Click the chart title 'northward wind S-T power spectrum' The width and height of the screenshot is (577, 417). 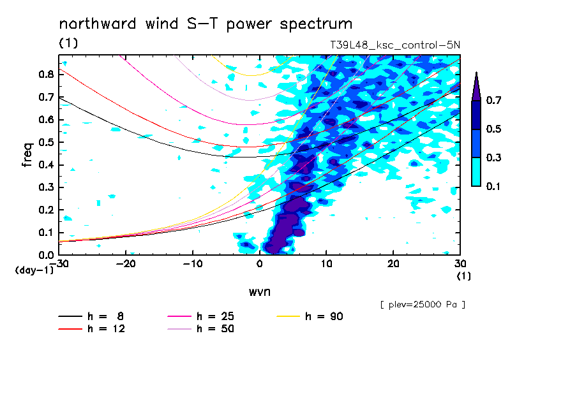pyautogui.click(x=206, y=24)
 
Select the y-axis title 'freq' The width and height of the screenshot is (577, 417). pyautogui.click(x=27, y=155)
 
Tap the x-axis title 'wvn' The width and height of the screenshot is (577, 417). pyautogui.click(x=260, y=292)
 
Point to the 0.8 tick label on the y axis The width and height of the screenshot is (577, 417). pyautogui.click(x=47, y=74)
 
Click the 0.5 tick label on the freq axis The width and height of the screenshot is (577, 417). pyautogui.click(x=47, y=142)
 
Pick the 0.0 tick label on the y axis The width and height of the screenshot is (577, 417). pyautogui.click(x=47, y=255)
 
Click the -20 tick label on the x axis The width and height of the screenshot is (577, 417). pyautogui.click(x=126, y=264)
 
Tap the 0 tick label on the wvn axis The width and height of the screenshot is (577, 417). pyautogui.click(x=260, y=264)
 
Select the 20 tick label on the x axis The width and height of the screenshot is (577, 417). pyautogui.click(x=393, y=264)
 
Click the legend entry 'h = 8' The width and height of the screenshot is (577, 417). pyautogui.click(x=91, y=316)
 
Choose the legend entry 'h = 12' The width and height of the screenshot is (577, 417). pyautogui.click(x=92, y=328)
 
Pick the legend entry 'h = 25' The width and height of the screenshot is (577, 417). pyautogui.click(x=200, y=316)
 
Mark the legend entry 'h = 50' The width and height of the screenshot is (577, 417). pyautogui.click(x=200, y=328)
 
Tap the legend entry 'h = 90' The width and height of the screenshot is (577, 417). pyautogui.click(x=310, y=316)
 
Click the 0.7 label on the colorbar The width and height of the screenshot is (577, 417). pyautogui.click(x=493, y=100)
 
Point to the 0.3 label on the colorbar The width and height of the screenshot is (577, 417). pyautogui.click(x=493, y=157)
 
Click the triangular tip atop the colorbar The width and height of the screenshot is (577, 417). pyautogui.click(x=477, y=72)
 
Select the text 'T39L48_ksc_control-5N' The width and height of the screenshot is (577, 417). pyautogui.click(x=395, y=45)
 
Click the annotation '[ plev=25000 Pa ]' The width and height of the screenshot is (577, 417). pyautogui.click(x=423, y=305)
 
